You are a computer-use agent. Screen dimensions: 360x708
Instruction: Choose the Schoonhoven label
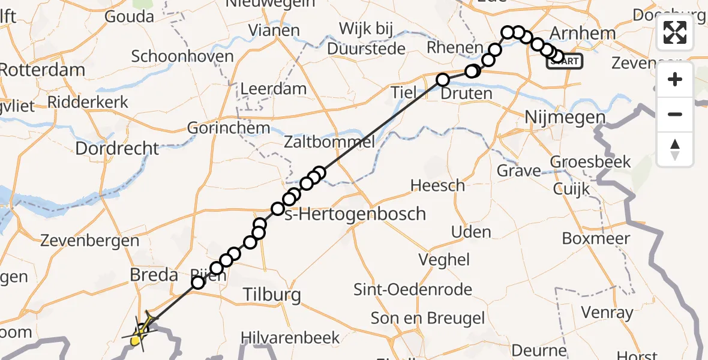tap(182, 56)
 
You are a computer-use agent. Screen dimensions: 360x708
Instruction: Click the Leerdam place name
tap(273, 89)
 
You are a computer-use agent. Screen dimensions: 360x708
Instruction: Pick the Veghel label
tap(445, 259)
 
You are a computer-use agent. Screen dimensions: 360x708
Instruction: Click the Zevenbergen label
tap(89, 241)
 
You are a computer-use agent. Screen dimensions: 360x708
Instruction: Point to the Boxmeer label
tap(596, 238)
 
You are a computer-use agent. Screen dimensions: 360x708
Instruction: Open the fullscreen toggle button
tap(675, 32)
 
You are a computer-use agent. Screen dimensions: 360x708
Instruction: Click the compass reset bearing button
tap(675, 149)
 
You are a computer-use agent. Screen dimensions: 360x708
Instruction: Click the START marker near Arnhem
tap(564, 61)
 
